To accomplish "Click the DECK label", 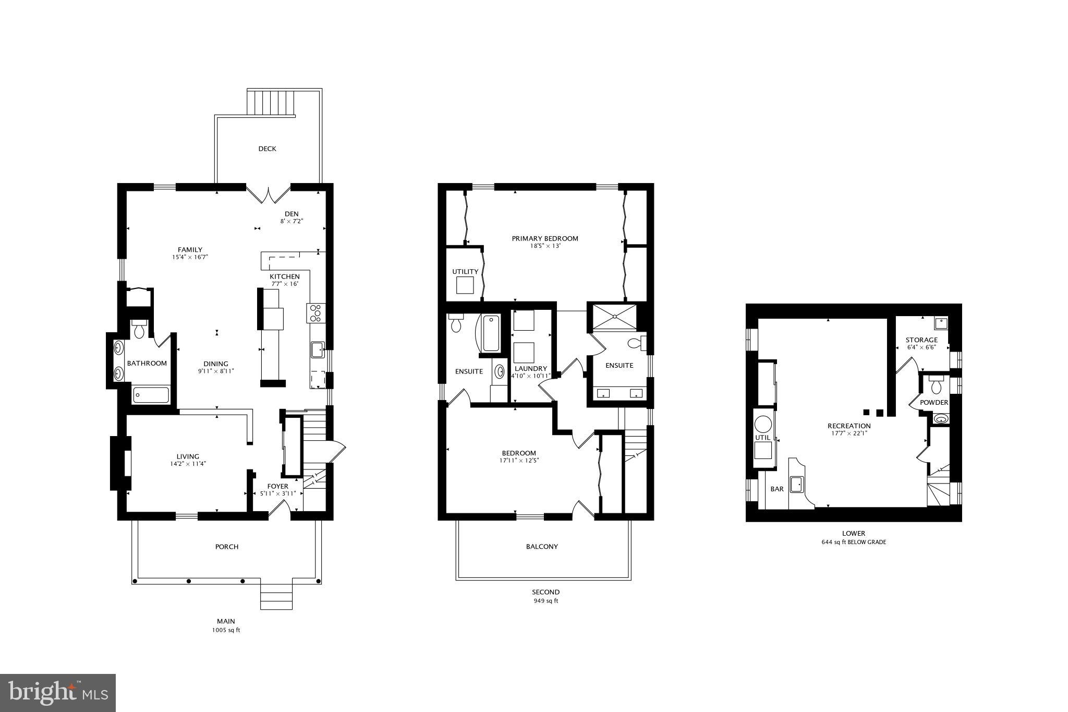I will (267, 149).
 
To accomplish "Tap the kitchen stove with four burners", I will (315, 313).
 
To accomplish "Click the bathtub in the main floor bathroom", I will (151, 395).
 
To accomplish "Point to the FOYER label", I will (277, 486).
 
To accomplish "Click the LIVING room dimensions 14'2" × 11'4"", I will (187, 464).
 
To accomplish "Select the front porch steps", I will (276, 597).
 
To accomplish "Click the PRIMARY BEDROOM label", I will (544, 238).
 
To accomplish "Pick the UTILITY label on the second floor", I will (465, 272).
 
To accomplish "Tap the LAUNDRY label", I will (530, 368).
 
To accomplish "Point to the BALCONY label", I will (542, 547).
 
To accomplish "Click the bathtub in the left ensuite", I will (491, 333).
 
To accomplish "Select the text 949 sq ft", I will (545, 601).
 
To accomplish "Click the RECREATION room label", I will (849, 426).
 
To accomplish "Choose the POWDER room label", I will (933, 403).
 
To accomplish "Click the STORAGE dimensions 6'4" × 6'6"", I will (921, 347).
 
